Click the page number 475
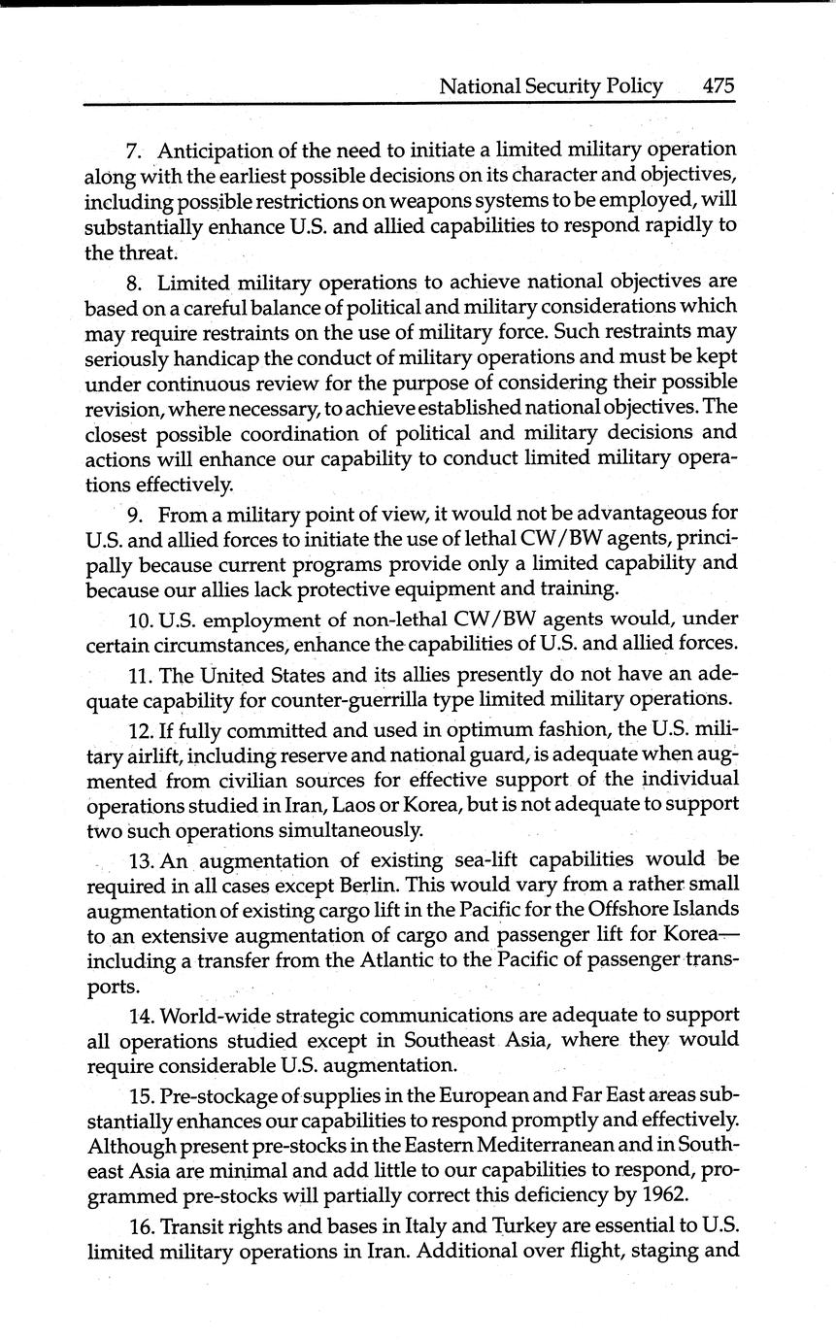pos(718,85)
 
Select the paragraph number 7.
pos(134,151)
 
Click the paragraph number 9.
pos(136,513)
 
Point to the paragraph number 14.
pos(140,1015)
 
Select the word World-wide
pos(212,1015)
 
